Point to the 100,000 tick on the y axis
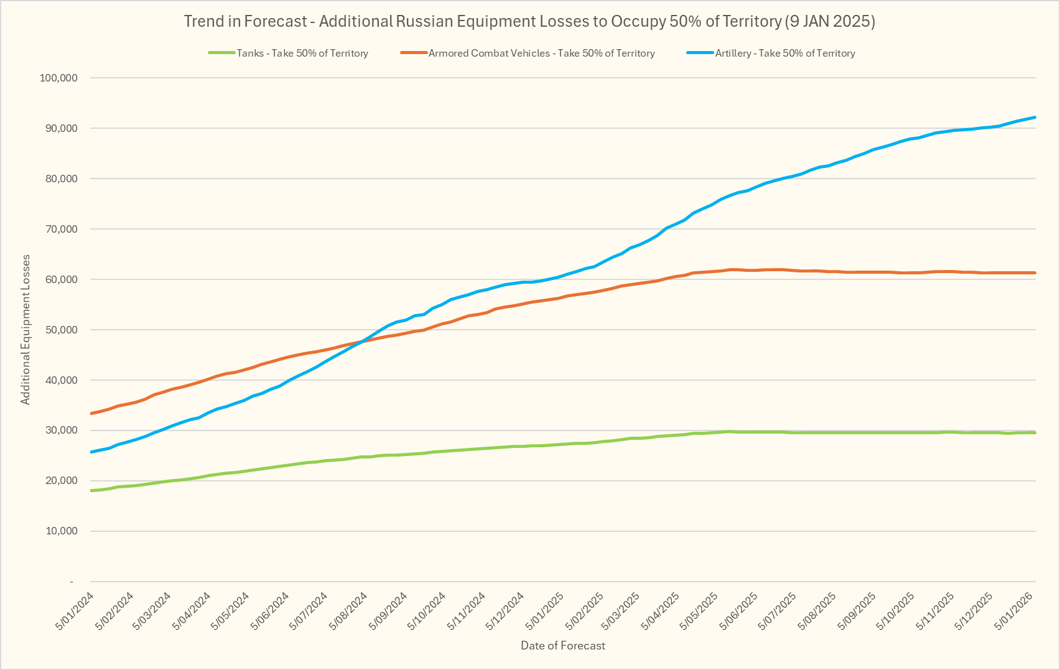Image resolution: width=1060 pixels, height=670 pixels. click(x=58, y=78)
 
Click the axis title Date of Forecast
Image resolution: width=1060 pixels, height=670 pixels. click(x=563, y=646)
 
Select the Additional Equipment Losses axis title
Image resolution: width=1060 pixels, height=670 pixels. click(x=26, y=330)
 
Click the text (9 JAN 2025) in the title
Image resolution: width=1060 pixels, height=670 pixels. click(x=830, y=22)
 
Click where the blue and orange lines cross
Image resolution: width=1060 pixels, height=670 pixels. click(x=362, y=341)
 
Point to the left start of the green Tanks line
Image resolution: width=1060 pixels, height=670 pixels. click(x=92, y=491)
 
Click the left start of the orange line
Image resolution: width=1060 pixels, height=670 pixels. click(x=92, y=414)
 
